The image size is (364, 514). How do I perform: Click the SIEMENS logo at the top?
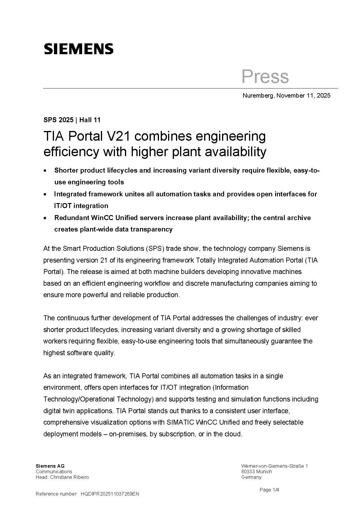point(79,49)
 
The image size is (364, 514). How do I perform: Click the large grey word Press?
point(265,76)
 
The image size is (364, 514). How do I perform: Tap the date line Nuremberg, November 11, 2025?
point(286,96)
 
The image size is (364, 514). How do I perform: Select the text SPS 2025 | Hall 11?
point(72,120)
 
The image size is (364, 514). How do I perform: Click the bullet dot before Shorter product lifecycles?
point(45,171)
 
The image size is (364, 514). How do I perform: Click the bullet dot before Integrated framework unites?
point(45,194)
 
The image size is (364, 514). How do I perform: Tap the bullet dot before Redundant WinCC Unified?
point(45,218)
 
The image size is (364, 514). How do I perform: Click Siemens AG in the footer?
point(50,466)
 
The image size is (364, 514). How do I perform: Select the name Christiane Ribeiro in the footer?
point(70,477)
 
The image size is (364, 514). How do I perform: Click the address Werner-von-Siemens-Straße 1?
point(274,466)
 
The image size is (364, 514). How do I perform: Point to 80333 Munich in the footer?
point(256,472)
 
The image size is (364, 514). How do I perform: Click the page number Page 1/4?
point(269,490)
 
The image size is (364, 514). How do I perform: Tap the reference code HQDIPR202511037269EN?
point(110,494)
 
